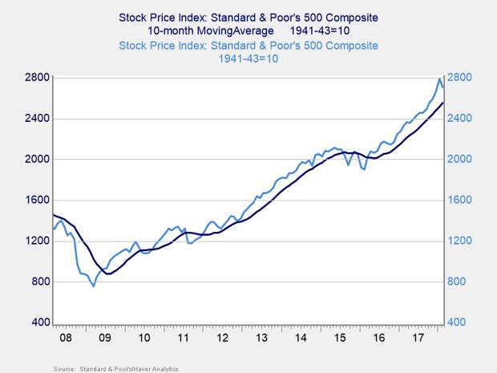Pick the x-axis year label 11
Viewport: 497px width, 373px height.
[183, 339]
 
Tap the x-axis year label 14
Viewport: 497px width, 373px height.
[301, 339]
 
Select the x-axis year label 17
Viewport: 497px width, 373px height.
[418, 339]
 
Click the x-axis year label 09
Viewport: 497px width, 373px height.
[104, 339]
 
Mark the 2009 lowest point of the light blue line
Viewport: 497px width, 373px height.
[94, 286]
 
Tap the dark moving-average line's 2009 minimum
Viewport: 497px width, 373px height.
[108, 274]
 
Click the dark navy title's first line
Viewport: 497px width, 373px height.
[248, 17]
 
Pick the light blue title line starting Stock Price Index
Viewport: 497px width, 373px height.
[248, 43]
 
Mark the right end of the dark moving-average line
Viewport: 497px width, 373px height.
[444, 103]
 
